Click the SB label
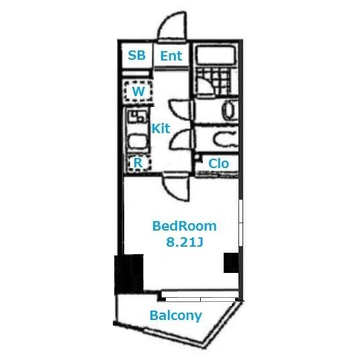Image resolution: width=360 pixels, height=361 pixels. tap(136, 56)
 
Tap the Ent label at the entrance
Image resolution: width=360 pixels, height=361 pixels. tap(171, 56)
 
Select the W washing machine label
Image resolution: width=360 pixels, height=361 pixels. tap(138, 91)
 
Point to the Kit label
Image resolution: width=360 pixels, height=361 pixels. tap(161, 128)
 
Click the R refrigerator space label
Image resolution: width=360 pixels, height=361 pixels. tap(138, 163)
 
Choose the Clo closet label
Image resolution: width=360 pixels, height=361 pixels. tap(218, 163)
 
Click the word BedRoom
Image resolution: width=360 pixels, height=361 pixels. tap(185, 226)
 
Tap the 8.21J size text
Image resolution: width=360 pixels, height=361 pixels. tap(185, 242)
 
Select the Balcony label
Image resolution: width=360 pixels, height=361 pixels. tap(176, 316)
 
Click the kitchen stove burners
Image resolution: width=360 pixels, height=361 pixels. tap(137, 116)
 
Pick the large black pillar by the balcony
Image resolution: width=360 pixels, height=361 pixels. tap(129, 274)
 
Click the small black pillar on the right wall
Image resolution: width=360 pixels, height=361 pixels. tap(231, 263)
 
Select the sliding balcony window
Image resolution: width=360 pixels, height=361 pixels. tap(199, 296)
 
